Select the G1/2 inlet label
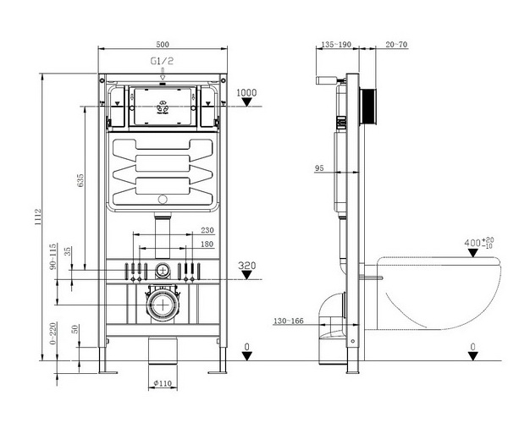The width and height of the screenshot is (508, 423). (x=163, y=62)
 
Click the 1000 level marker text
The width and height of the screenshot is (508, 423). (x=246, y=92)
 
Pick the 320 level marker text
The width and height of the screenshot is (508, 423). (x=246, y=266)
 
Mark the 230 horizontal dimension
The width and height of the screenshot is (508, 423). (x=207, y=231)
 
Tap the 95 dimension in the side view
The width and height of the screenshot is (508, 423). (x=319, y=169)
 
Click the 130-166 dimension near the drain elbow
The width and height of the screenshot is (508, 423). (x=290, y=321)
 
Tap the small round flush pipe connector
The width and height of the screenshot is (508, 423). (x=162, y=270)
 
